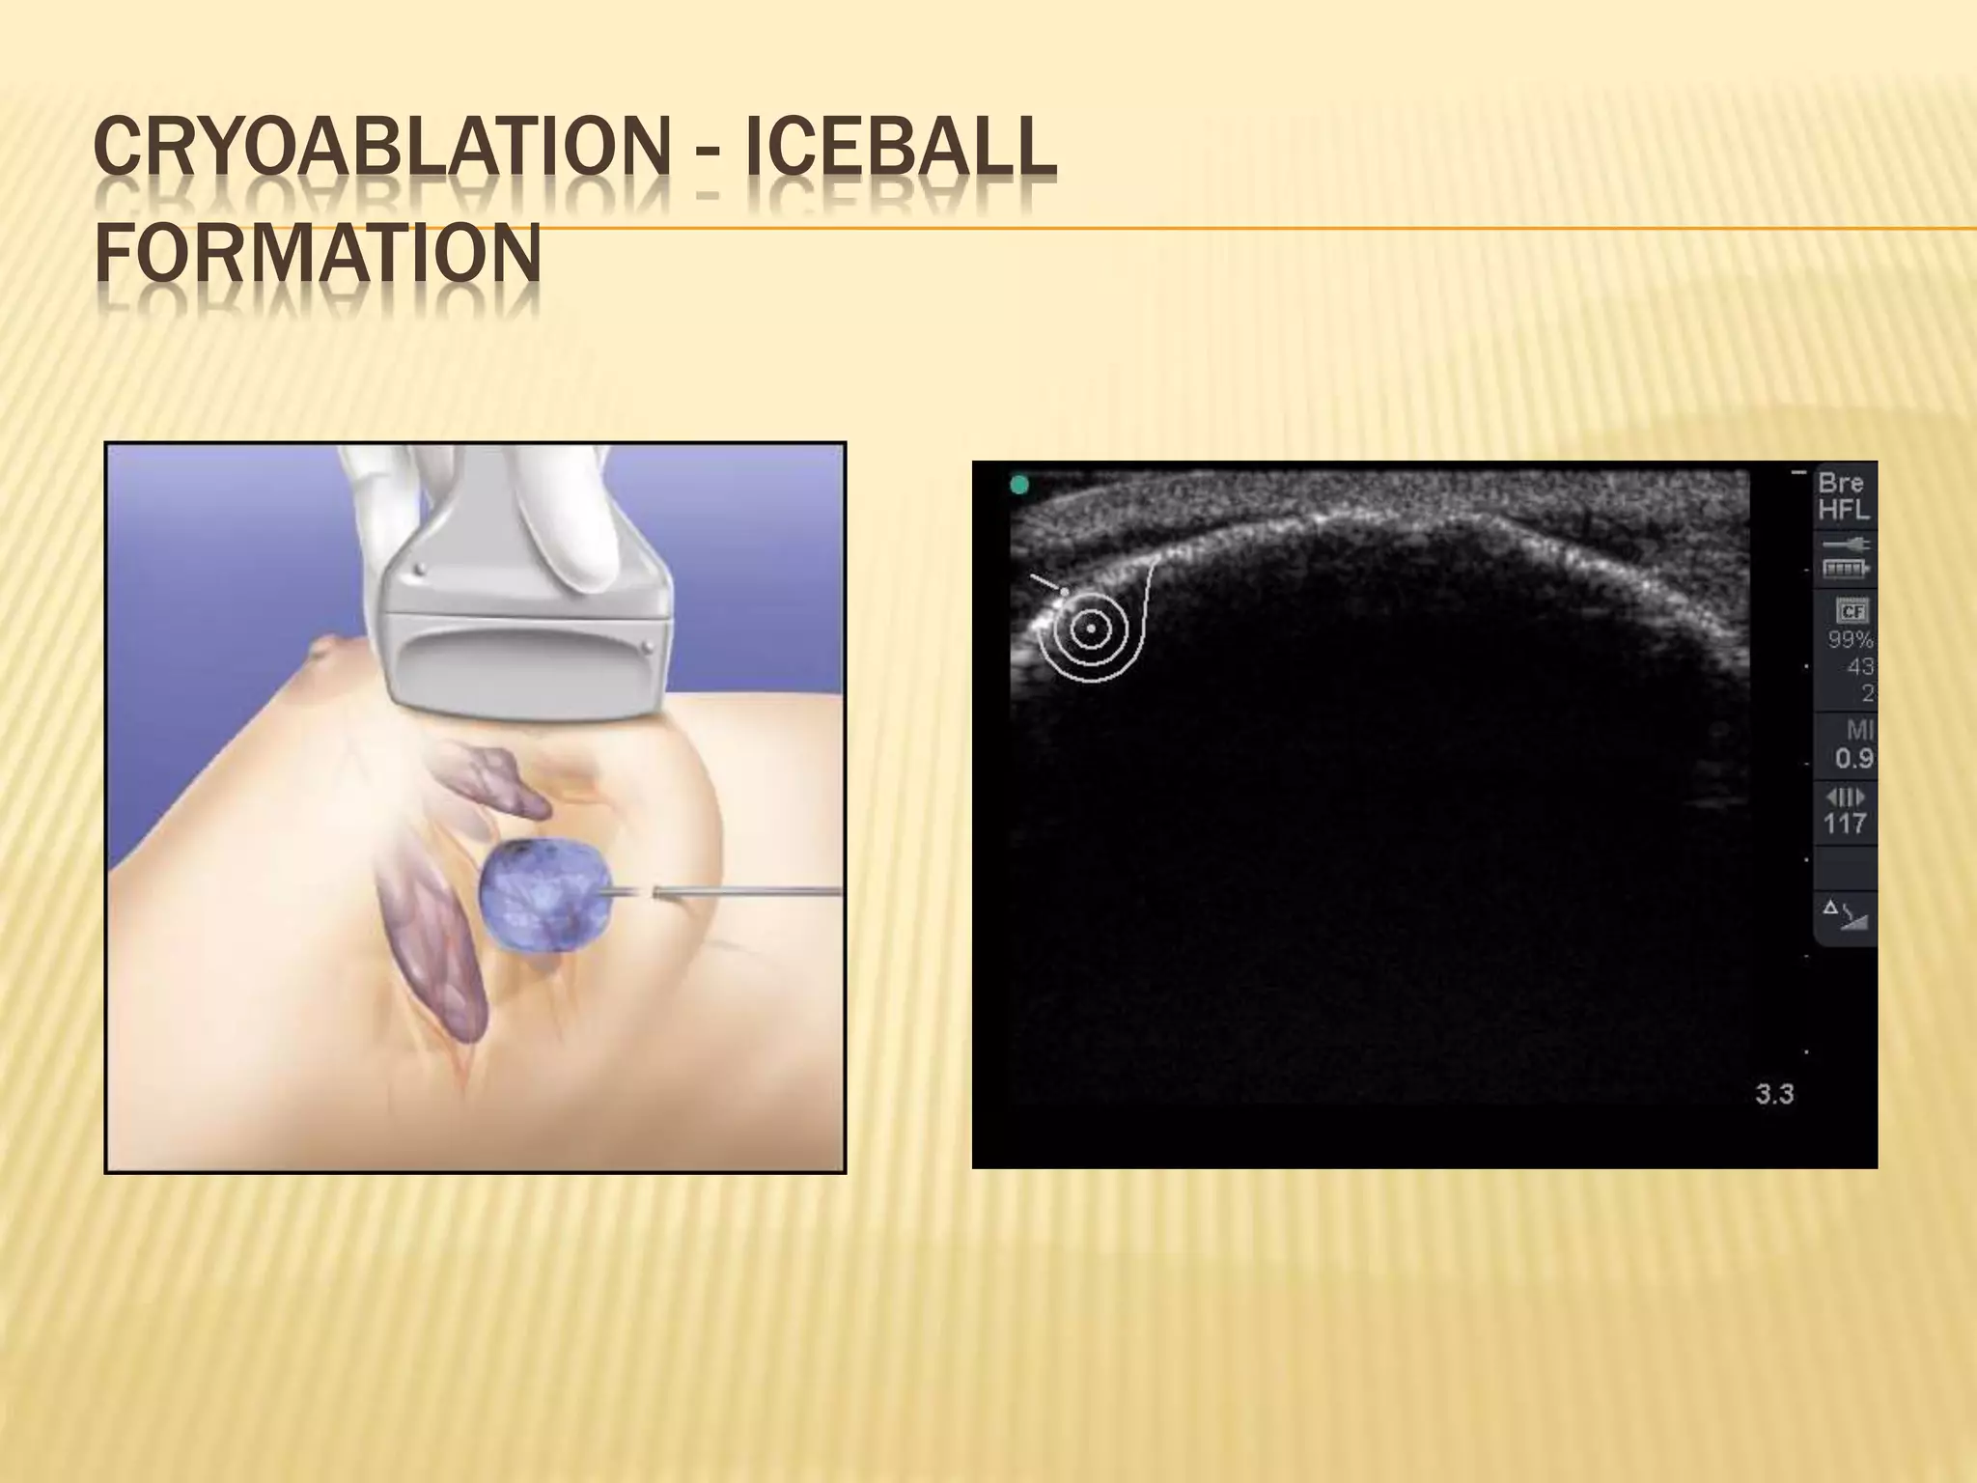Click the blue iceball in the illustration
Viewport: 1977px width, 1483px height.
click(x=541, y=893)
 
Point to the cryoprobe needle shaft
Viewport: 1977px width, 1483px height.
click(x=753, y=892)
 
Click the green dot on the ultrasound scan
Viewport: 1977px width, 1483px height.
click(x=1019, y=485)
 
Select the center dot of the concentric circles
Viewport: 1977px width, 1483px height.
click(x=1091, y=628)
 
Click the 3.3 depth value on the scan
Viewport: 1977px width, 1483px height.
click(x=1773, y=1095)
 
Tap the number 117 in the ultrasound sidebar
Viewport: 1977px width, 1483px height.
click(x=1844, y=824)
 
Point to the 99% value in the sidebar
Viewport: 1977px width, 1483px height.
click(x=1850, y=640)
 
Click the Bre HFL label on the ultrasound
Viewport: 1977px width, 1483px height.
click(x=1843, y=496)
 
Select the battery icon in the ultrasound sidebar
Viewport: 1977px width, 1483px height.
click(x=1845, y=570)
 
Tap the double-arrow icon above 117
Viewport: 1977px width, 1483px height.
click(x=1844, y=797)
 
